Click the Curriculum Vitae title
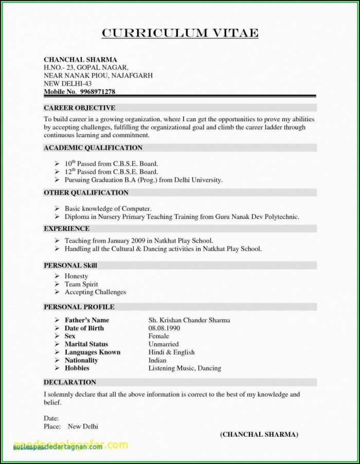(180, 33)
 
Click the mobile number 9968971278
(97, 91)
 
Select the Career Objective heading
(79, 108)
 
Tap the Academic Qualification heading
(93, 147)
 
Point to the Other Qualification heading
(86, 193)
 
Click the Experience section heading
(66, 229)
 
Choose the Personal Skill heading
(70, 266)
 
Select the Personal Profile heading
(79, 307)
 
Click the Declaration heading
(70, 382)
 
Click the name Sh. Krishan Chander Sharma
(189, 320)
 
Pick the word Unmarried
(164, 344)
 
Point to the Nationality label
(81, 360)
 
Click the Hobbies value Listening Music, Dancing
(185, 368)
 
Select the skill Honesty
(76, 276)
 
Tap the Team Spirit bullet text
(81, 284)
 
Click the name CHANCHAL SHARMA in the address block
(80, 60)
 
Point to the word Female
(158, 336)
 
